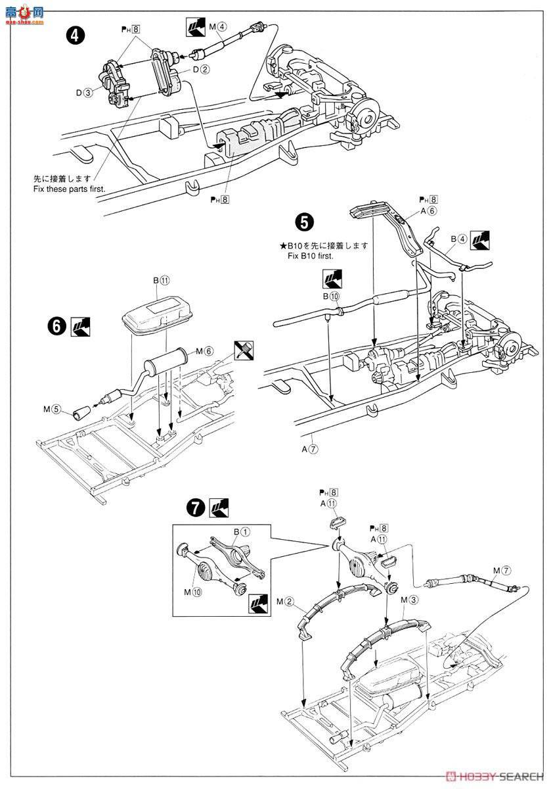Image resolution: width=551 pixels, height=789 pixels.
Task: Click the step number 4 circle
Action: tap(75, 36)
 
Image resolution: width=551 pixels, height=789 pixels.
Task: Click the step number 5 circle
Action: tap(303, 223)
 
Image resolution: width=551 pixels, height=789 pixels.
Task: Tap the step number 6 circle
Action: tap(56, 327)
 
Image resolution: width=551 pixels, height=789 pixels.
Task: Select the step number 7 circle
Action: tap(196, 508)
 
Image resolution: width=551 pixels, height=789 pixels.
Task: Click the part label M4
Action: tap(218, 26)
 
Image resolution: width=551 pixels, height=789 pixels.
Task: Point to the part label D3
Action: tap(84, 93)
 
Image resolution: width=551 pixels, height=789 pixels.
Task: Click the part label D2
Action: tap(201, 70)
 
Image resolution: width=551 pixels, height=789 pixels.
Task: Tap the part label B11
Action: tap(161, 280)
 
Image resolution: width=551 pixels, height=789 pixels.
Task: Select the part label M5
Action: tap(52, 409)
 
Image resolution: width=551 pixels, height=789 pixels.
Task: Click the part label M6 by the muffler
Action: tap(204, 351)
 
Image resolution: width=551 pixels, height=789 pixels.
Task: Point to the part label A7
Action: tap(310, 449)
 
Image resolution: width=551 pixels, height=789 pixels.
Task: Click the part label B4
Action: tap(459, 239)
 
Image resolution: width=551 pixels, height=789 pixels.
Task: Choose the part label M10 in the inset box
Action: tap(193, 592)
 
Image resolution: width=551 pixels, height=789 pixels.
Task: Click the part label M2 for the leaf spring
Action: tap(285, 602)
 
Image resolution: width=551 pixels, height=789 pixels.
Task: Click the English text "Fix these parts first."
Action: tap(70, 189)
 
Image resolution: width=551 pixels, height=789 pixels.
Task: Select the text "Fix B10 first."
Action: tap(311, 256)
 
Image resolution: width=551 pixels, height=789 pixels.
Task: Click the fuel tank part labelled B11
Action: tap(157, 315)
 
